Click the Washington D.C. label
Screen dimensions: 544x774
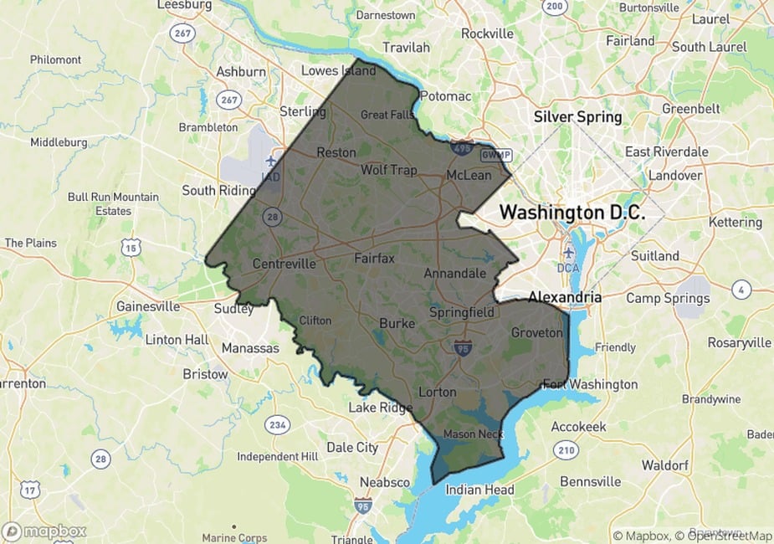point(572,213)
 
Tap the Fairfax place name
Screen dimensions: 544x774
point(374,259)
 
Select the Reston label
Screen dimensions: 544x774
point(336,152)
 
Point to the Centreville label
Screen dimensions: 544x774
point(284,264)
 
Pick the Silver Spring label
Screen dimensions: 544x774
point(578,117)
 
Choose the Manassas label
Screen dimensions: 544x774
point(250,347)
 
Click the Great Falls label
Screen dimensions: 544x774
point(387,115)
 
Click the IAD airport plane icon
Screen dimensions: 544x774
point(270,160)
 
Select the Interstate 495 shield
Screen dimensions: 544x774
point(462,148)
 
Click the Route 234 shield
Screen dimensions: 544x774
point(277,426)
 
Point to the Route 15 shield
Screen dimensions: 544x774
point(131,246)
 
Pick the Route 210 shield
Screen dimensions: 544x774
point(566,451)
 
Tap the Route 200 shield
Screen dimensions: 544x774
point(554,7)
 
